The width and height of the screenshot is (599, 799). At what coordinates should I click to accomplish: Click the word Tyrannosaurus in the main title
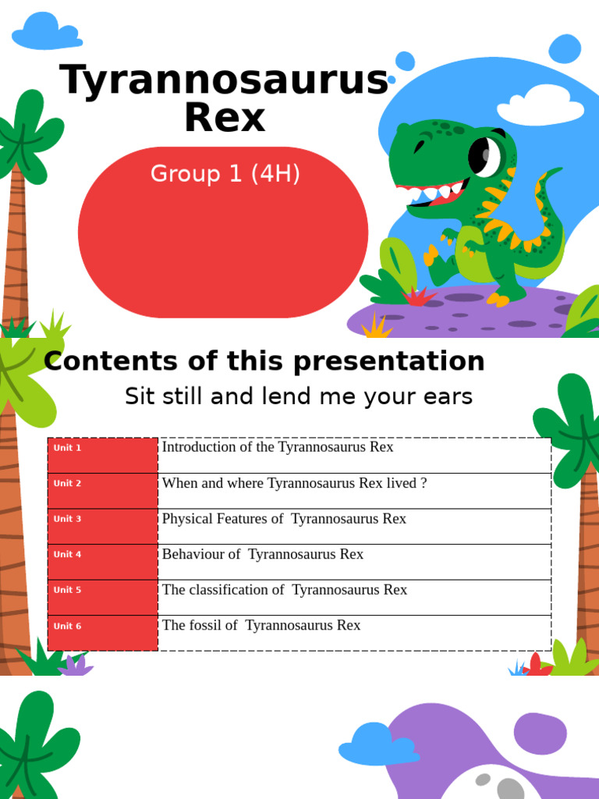pos(224,80)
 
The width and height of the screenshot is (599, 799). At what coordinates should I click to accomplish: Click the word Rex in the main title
pos(225,118)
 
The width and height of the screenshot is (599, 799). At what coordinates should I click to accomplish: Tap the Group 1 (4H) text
pos(225,174)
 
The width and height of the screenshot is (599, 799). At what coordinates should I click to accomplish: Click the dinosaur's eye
pos(484,155)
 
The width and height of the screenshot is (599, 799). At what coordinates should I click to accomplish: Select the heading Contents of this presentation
pos(264,361)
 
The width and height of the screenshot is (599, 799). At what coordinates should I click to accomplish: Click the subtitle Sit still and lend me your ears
pos(299,396)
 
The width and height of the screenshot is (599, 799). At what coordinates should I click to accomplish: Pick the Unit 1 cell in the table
pos(102,455)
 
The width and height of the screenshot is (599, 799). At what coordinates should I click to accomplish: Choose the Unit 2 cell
pos(102,491)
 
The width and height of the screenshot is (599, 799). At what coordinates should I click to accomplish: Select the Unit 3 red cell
pos(102,526)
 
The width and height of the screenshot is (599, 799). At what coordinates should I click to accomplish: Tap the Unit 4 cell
pos(102,562)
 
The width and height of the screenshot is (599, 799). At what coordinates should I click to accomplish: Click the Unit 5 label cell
pos(102,598)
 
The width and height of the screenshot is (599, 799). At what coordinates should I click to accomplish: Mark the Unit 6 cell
pos(102,633)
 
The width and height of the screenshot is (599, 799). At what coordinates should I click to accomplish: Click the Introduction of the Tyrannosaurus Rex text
pos(277,447)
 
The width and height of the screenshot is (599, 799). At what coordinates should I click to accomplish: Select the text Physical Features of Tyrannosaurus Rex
pos(284,519)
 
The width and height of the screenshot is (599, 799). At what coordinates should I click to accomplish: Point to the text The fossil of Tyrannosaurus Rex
pos(261,625)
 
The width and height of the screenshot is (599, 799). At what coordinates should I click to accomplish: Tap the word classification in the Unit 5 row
pos(230,590)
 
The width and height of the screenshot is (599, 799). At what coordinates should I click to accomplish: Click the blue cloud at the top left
pos(45,32)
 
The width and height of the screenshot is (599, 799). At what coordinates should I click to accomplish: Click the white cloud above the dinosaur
pos(541,105)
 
